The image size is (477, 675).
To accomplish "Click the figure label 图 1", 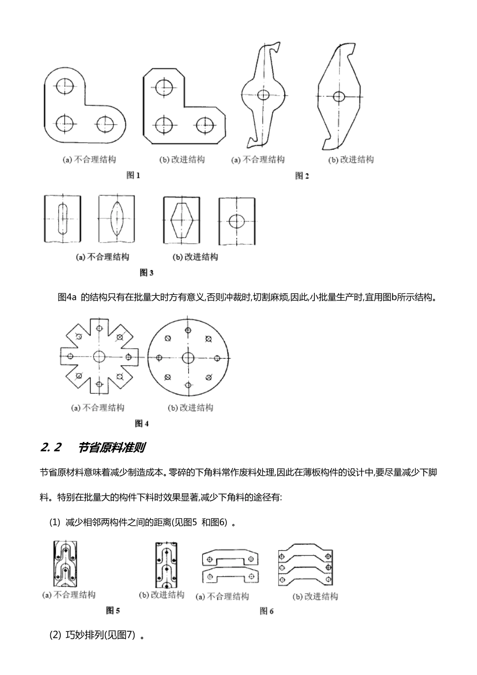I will (x=133, y=175).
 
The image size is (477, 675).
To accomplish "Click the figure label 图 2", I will (x=302, y=176).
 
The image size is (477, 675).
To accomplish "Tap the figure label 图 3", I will (x=146, y=273).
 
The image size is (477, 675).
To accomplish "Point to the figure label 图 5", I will (x=113, y=611).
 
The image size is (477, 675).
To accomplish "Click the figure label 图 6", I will (x=266, y=611).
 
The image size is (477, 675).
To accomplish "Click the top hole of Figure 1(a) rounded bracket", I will (x=65, y=86).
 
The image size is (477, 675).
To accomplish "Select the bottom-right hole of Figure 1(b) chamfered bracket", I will (x=205, y=125).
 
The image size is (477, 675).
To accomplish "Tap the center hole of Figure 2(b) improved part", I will (x=339, y=96).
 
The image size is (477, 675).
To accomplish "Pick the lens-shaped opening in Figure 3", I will (x=116, y=219).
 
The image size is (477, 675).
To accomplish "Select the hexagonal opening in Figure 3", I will (x=182, y=219).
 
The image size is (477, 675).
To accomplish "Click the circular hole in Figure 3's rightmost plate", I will (x=236, y=220).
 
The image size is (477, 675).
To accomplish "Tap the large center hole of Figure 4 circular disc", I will (x=188, y=358).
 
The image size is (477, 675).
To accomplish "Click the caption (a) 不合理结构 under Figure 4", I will (x=98, y=407).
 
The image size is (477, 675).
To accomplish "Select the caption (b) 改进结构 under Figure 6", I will (x=315, y=597).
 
